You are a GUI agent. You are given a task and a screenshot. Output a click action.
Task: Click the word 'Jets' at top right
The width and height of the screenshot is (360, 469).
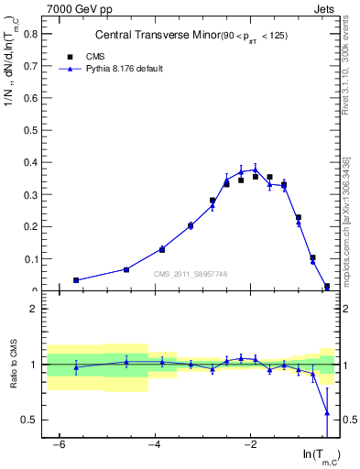click(324, 7)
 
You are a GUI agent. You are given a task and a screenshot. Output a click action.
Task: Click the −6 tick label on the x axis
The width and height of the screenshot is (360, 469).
click(60, 444)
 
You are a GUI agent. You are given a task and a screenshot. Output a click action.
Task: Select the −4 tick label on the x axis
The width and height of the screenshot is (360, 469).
click(155, 444)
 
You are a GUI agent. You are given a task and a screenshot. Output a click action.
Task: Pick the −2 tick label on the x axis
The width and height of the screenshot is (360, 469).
click(250, 444)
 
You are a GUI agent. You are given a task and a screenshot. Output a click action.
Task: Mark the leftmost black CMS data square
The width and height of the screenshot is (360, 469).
click(76, 280)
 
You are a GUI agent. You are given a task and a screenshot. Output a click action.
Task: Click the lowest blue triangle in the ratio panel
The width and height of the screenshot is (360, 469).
click(327, 413)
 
